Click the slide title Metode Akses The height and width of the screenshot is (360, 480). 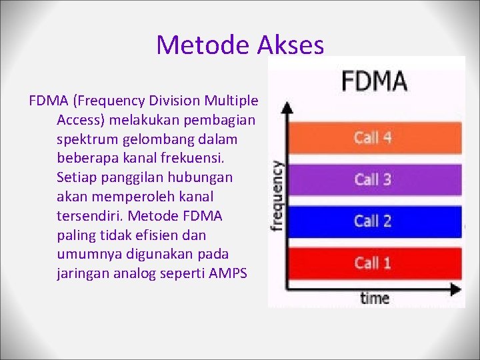(240, 45)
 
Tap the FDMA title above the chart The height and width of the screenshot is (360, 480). (374, 81)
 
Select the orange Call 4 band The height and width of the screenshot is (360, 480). (373, 138)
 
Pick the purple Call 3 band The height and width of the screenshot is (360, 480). (373, 179)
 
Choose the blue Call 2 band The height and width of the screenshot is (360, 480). (373, 221)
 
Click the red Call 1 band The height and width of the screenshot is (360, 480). (373, 263)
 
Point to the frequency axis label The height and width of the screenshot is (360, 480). (276, 196)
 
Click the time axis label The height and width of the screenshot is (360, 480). (374, 297)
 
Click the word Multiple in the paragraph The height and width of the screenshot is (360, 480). (231, 101)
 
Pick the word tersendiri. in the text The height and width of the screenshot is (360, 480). (91, 216)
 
